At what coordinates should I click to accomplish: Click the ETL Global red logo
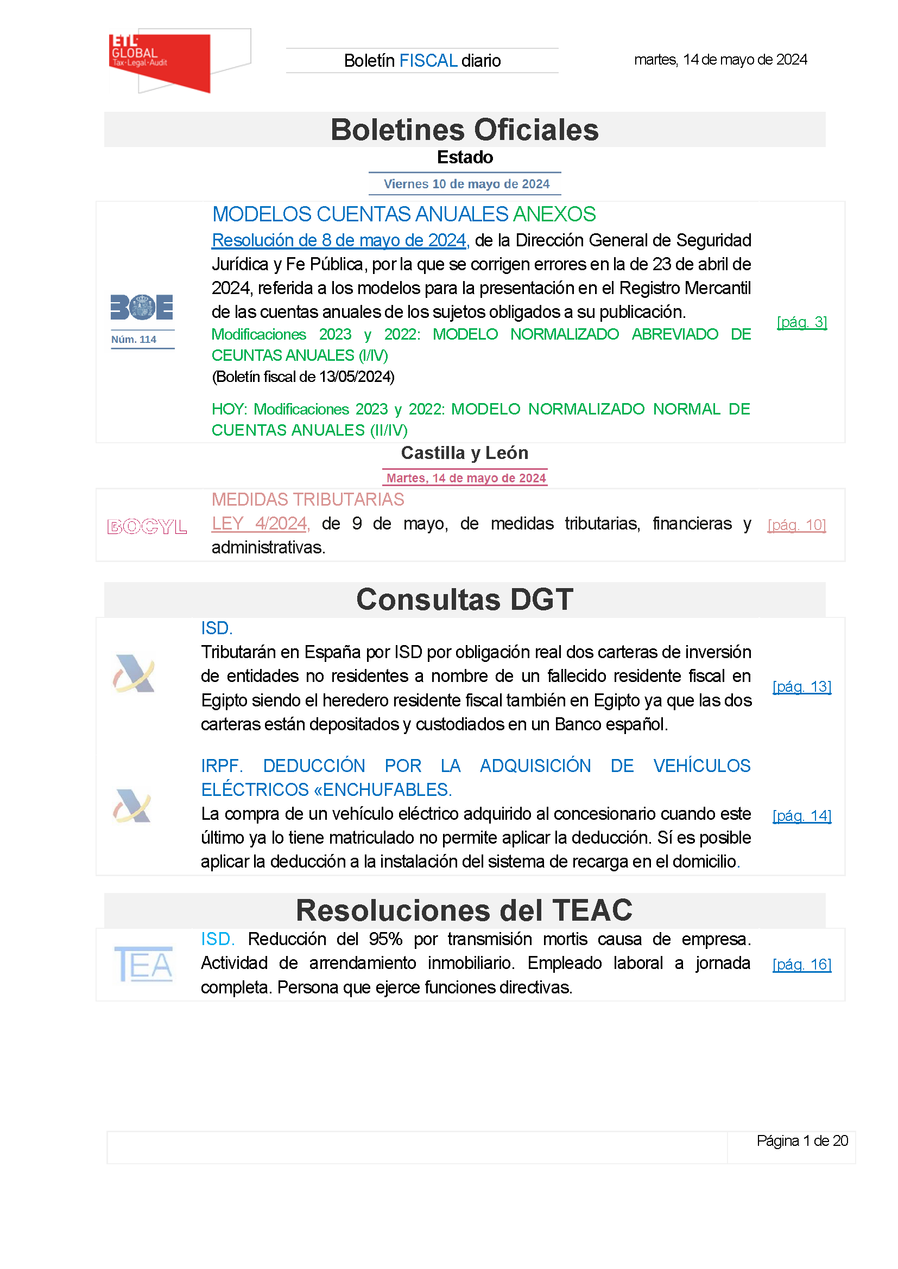pos(160,61)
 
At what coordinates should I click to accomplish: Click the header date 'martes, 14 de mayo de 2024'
pos(720,60)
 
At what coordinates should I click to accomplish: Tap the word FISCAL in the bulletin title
pos(428,61)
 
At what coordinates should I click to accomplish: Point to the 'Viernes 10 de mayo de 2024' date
pos(466,184)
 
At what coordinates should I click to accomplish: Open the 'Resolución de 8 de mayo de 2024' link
pos(339,240)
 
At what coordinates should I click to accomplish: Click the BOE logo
pos(142,307)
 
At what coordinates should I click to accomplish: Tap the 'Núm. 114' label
pos(134,339)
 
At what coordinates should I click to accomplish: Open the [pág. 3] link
pos(801,322)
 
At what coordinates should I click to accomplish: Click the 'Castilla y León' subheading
pos(465,453)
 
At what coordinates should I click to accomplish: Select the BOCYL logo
pos(147,526)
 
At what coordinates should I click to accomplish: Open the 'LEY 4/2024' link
pos(260,524)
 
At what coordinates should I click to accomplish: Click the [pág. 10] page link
pos(796,525)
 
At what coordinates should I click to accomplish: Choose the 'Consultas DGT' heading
pos(465,600)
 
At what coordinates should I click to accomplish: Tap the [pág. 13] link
pos(801,686)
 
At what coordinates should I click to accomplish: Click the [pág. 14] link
pos(801,816)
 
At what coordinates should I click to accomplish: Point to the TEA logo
pos(144,965)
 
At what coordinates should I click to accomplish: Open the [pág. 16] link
pos(801,965)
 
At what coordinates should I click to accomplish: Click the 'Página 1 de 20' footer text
pos(802,1141)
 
